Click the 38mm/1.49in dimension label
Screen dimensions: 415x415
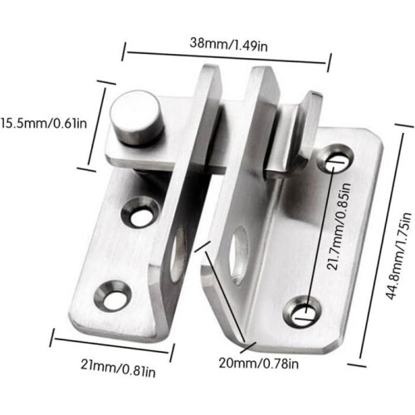tap(228, 45)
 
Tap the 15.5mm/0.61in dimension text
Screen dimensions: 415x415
tap(43, 123)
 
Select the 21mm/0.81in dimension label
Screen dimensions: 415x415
tap(118, 368)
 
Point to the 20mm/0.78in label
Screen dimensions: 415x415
tap(259, 363)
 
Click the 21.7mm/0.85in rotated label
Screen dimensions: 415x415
tap(338, 227)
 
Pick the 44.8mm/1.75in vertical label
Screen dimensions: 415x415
tap(398, 256)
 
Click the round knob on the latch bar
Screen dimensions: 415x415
tap(136, 117)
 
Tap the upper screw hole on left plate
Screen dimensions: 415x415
tap(141, 212)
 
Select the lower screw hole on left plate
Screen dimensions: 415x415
tap(113, 295)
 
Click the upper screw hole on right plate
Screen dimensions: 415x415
tap(335, 159)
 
